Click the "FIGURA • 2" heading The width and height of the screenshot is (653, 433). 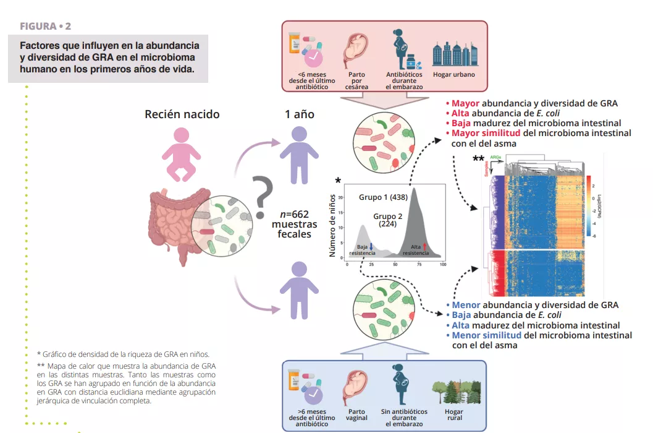click(x=46, y=26)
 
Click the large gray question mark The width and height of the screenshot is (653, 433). click(x=262, y=194)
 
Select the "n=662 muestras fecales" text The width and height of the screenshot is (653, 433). click(x=295, y=224)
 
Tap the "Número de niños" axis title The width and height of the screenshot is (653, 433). click(x=332, y=225)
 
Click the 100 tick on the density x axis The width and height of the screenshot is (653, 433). click(x=443, y=265)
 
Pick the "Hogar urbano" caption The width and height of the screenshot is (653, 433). click(x=454, y=75)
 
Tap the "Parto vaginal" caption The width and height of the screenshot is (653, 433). click(x=356, y=415)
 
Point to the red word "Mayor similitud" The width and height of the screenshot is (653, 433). click(x=486, y=133)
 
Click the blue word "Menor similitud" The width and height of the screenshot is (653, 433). click(x=487, y=335)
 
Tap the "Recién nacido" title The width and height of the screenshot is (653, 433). click(x=182, y=114)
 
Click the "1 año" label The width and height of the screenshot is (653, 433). click(x=300, y=114)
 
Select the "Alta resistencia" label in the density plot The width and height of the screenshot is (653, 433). click(x=416, y=250)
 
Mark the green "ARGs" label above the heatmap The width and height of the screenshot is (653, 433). click(x=495, y=158)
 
